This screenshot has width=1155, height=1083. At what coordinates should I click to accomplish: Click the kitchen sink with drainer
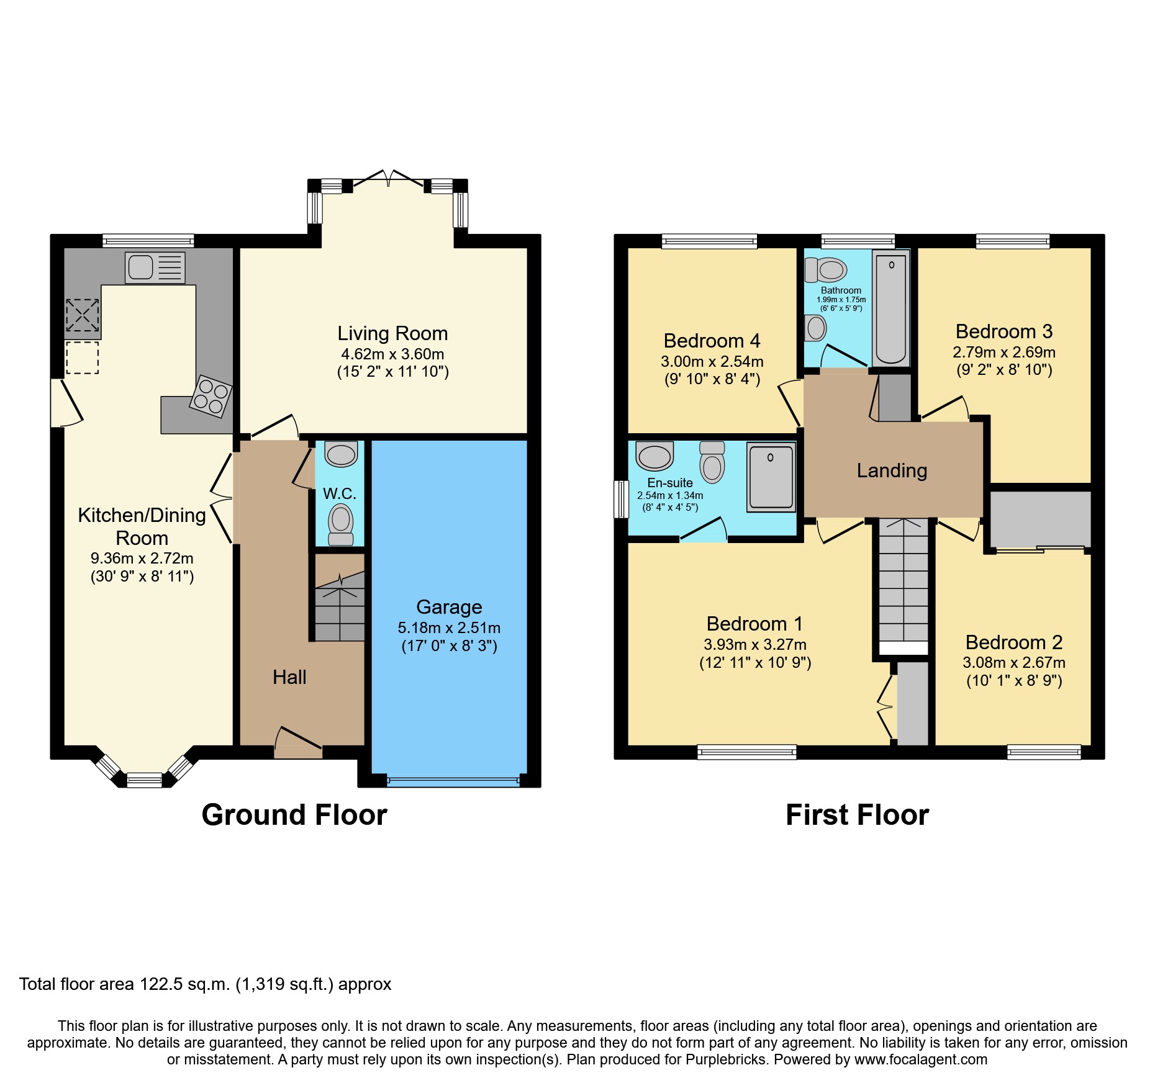155,267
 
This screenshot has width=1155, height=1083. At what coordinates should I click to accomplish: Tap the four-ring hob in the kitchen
211,396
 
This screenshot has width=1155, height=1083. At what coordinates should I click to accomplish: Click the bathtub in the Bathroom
890,308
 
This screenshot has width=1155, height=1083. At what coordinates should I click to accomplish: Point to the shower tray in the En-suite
771,477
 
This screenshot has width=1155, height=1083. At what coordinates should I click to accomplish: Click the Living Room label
392,333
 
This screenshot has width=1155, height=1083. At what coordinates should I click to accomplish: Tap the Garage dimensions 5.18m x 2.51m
449,627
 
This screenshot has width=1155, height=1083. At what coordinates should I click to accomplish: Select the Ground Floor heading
294,814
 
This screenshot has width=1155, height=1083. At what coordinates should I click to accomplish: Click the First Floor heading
857,814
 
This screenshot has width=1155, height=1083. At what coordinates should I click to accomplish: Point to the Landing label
892,470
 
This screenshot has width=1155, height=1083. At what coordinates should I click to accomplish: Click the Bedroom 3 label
1003,331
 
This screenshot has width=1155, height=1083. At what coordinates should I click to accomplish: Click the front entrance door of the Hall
298,742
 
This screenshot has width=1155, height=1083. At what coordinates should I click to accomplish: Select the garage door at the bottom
453,781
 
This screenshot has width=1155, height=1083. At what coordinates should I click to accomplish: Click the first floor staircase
904,583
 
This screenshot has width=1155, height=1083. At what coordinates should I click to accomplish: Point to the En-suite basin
654,456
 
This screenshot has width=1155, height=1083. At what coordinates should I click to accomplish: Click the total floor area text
205,984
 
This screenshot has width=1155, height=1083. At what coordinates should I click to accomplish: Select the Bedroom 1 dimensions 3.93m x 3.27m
754,644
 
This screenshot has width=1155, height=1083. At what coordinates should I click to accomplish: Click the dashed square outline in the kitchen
82,357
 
